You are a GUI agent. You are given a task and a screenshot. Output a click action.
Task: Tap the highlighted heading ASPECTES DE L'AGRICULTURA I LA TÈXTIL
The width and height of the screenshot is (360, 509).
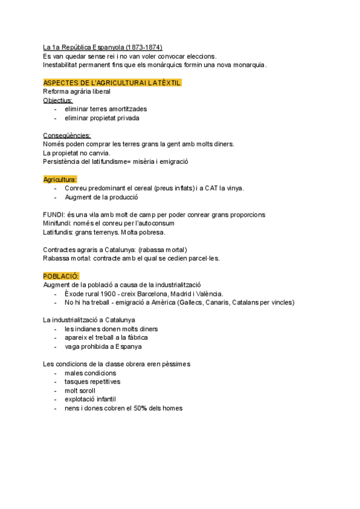(112, 82)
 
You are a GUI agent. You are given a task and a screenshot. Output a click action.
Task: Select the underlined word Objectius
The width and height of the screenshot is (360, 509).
(58, 100)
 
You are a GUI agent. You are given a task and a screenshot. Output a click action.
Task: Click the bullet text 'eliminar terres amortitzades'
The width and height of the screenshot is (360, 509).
(106, 109)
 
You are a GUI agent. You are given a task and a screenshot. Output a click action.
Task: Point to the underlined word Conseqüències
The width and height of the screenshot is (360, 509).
(67, 136)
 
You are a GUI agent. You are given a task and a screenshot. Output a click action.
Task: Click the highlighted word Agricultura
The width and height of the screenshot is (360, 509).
(60, 179)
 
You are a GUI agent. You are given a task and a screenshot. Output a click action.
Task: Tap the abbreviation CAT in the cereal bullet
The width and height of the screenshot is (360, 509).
(212, 188)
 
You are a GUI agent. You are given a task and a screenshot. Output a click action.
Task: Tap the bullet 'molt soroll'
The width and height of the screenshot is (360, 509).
(80, 390)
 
